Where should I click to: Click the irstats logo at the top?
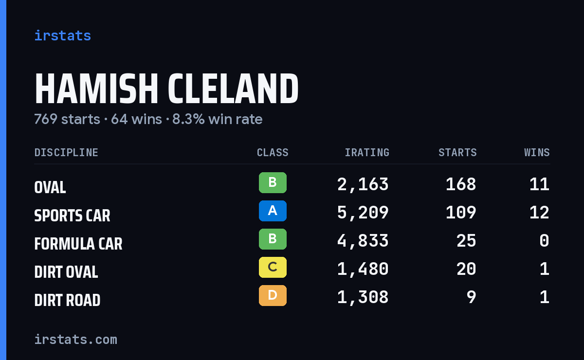click(x=63, y=36)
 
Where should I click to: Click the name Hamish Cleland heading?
click(x=166, y=89)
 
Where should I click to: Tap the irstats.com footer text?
click(x=75, y=340)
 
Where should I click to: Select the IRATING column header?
click(x=367, y=152)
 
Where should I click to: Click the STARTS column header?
click(x=457, y=152)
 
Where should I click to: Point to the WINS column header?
click(x=537, y=152)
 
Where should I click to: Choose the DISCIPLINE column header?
click(x=66, y=152)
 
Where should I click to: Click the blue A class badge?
click(x=273, y=211)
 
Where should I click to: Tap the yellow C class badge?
click(x=273, y=267)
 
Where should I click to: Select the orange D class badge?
click(x=273, y=295)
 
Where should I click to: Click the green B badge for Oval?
click(x=273, y=183)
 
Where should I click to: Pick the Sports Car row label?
click(x=72, y=216)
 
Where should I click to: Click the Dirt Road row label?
click(x=67, y=300)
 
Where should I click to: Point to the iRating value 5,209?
click(x=363, y=213)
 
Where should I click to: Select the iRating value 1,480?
click(x=363, y=269)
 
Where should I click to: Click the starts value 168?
click(x=461, y=184)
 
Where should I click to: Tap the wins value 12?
click(x=539, y=213)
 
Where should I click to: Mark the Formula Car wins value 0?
click(x=545, y=241)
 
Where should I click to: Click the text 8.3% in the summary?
click(x=188, y=119)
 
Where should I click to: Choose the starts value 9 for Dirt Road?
click(x=472, y=297)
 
